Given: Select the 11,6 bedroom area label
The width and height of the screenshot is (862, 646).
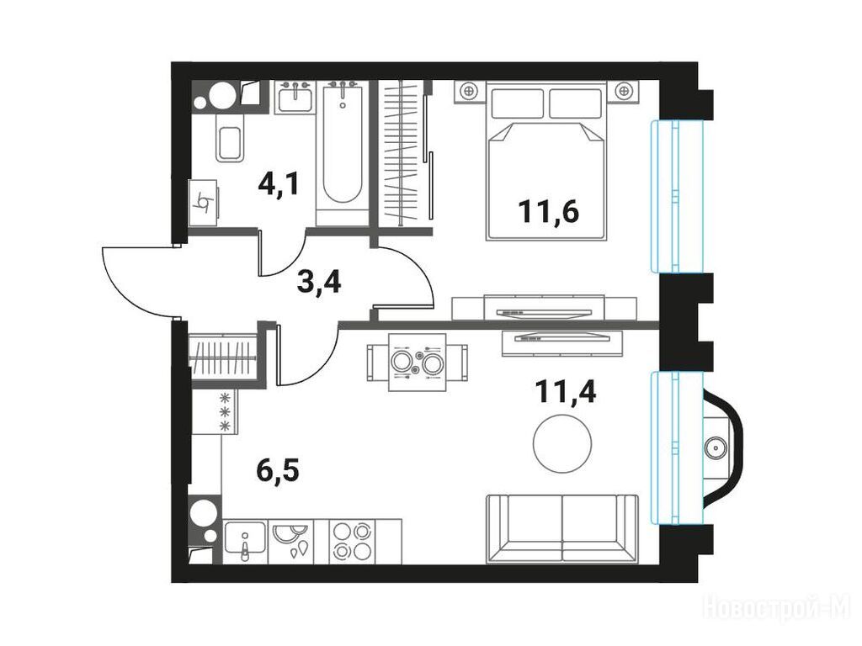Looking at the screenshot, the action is point(549,211).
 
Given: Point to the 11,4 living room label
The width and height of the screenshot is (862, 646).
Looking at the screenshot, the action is point(566,391).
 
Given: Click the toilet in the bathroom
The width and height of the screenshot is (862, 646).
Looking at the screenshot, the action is point(229,137).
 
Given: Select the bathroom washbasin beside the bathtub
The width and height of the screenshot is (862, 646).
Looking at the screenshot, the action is point(295,98).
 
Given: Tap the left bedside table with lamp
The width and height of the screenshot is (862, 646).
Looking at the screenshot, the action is point(470,91).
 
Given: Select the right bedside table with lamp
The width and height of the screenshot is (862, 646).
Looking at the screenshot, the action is point(624,91).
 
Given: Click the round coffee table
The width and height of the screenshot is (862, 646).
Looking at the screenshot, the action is point(562,442).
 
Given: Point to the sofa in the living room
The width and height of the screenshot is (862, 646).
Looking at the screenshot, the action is point(562,529).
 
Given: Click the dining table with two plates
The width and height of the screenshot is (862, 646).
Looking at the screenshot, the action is point(418,362).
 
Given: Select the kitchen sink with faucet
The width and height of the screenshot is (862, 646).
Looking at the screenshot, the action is point(245,541).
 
